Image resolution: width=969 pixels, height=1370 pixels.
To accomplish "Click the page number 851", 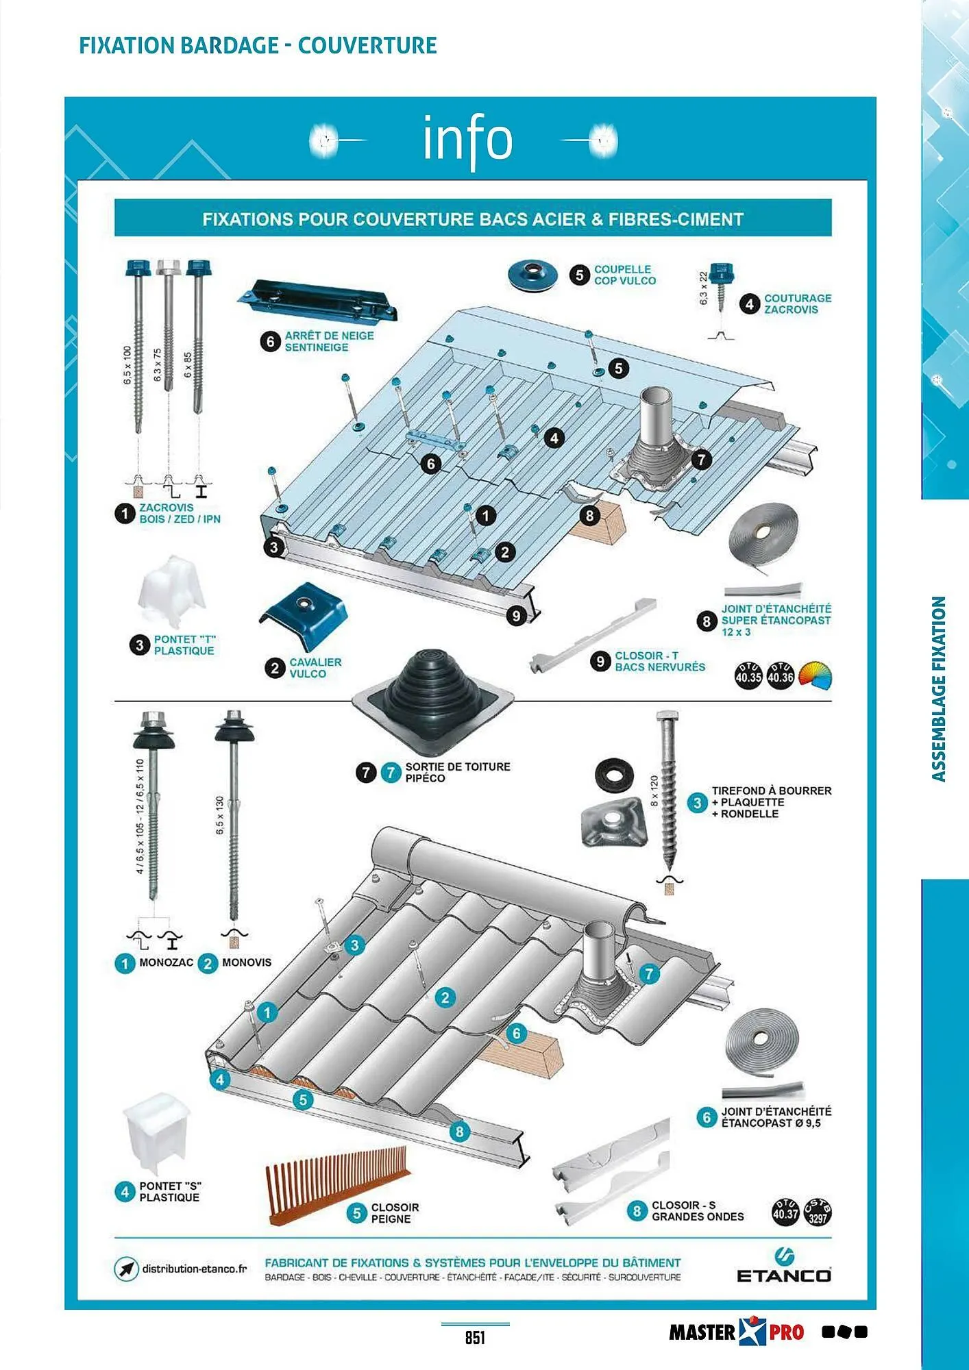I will click(x=475, y=1337).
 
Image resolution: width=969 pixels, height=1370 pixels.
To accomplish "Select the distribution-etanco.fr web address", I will click(x=194, y=1269).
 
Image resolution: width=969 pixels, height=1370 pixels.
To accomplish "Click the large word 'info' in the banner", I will click(x=468, y=139).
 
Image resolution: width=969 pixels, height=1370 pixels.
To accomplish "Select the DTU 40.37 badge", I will click(x=785, y=1212).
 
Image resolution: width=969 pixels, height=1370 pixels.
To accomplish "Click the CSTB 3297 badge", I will click(x=818, y=1213).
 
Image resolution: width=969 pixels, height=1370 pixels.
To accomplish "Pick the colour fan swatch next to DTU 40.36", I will click(x=815, y=675).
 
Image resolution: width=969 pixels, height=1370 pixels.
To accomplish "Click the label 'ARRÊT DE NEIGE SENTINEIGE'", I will click(x=329, y=341).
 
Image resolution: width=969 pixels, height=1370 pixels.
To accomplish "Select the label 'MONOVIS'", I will click(x=246, y=962).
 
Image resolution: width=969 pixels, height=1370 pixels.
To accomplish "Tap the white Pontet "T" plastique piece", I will click(x=171, y=590).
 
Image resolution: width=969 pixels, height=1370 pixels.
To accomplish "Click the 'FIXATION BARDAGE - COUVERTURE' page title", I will click(x=258, y=45).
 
